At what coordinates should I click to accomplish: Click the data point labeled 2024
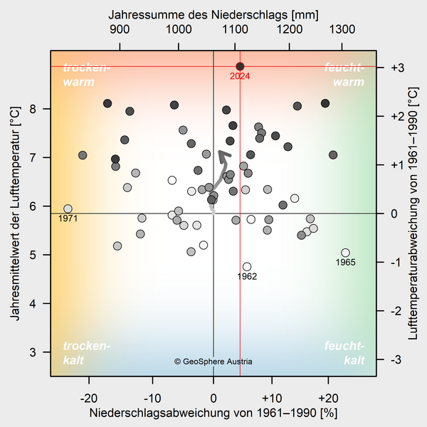pyautogui.click(x=240, y=66)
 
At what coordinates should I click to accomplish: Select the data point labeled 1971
pyautogui.click(x=68, y=209)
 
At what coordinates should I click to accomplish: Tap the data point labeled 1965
pyautogui.click(x=346, y=253)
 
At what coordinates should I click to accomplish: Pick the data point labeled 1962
pyautogui.click(x=247, y=267)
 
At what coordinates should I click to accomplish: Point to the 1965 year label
pyautogui.click(x=345, y=263)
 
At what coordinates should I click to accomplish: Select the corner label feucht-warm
pyautogui.click(x=344, y=75)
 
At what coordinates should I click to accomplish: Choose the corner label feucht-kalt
pyautogui.click(x=344, y=353)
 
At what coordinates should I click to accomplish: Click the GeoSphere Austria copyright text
pyautogui.click(x=213, y=362)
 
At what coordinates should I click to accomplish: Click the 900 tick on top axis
pyautogui.click(x=120, y=30)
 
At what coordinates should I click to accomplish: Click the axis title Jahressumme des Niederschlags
pyautogui.click(x=213, y=14)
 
